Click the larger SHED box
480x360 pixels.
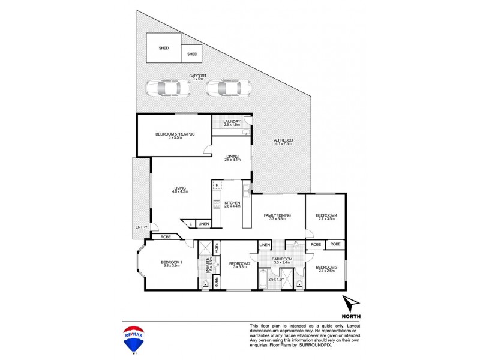[163, 49]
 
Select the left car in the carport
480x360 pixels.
[167, 89]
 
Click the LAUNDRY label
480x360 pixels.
[232, 122]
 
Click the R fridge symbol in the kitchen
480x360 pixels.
[217, 185]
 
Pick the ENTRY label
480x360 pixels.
[141, 227]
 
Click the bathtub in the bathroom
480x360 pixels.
[265, 279]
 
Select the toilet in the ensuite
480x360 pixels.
[206, 286]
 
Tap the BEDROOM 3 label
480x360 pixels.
[326, 268]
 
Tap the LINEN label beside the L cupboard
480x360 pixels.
[204, 224]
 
